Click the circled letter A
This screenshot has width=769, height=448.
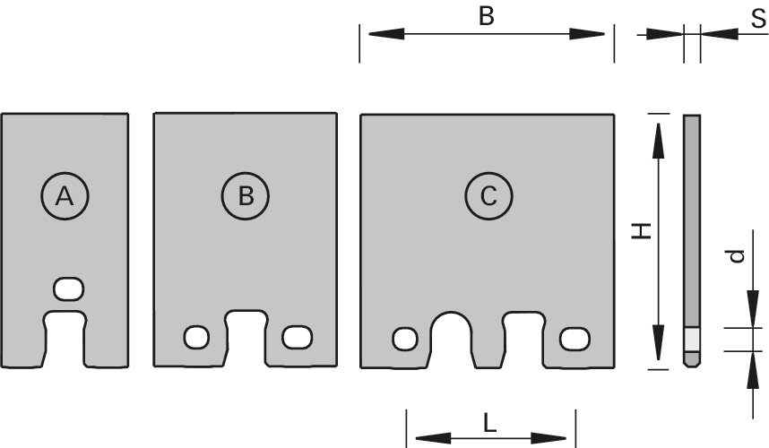click(x=65, y=194)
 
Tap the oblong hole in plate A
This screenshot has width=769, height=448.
click(x=69, y=289)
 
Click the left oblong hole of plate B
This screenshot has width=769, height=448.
click(x=196, y=337)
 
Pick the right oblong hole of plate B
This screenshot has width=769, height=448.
click(x=297, y=337)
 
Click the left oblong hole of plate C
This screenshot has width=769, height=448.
click(x=404, y=339)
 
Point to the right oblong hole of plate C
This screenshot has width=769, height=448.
click(x=573, y=339)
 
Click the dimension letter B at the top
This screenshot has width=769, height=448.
click(x=487, y=16)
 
